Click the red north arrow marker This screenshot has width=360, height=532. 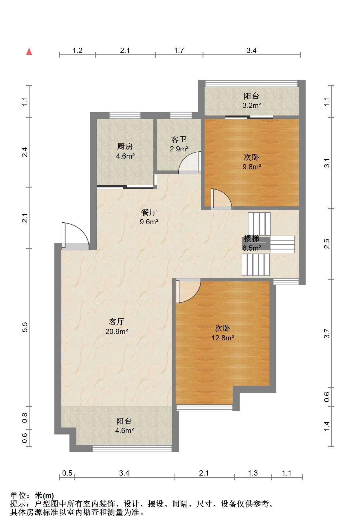tap(29, 52)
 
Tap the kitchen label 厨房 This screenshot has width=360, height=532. tap(125, 147)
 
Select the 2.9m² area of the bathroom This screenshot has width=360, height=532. tap(179, 149)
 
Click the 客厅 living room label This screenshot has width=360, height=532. tap(117, 322)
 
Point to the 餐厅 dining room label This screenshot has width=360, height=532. tap(149, 212)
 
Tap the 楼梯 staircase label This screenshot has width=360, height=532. tap(251, 239)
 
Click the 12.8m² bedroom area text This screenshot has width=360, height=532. tap(223, 337)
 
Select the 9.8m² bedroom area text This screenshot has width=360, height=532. tap(252, 167)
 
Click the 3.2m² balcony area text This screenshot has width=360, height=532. tap(252, 105)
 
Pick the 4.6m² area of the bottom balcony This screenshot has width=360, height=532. tap(124, 430)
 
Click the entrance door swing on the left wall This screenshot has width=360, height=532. tap(75, 236)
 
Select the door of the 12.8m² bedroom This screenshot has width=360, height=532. tap(188, 291)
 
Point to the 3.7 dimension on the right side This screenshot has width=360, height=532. tap(327, 333)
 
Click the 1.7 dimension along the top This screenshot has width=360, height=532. tap(179, 50)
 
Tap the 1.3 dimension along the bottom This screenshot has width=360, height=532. tap(253, 473)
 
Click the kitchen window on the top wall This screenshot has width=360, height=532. tap(125, 115)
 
